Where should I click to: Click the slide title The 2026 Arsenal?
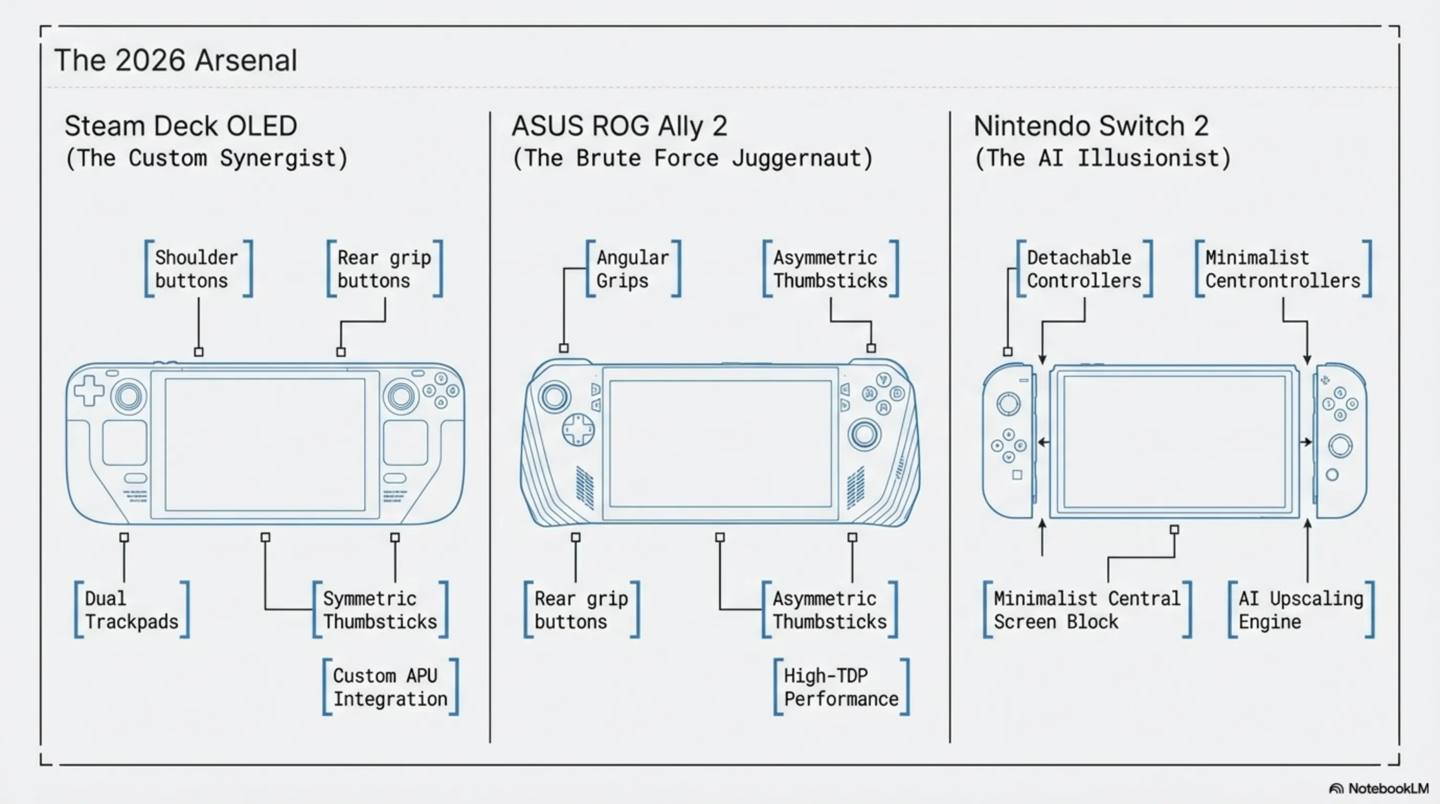pos(175,60)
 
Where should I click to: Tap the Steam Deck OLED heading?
pos(181,126)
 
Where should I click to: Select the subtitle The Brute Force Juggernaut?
pos(692,158)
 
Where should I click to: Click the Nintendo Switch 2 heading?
pos(1090,126)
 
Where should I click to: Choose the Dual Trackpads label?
pos(131,610)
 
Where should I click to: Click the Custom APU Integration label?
pos(390,687)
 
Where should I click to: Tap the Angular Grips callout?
pos(632,269)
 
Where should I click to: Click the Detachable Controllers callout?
pos(1083,269)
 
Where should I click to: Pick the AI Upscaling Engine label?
pos(1300,610)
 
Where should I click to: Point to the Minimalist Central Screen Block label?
pos(1086,610)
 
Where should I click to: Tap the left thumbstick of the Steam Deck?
pos(129,396)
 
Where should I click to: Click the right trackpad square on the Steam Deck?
pos(406,442)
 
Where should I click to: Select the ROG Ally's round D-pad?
pos(578,429)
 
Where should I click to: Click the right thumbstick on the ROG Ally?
pos(864,434)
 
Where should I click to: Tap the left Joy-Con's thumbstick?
pos(1008,404)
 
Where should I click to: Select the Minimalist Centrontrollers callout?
pos(1282,269)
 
